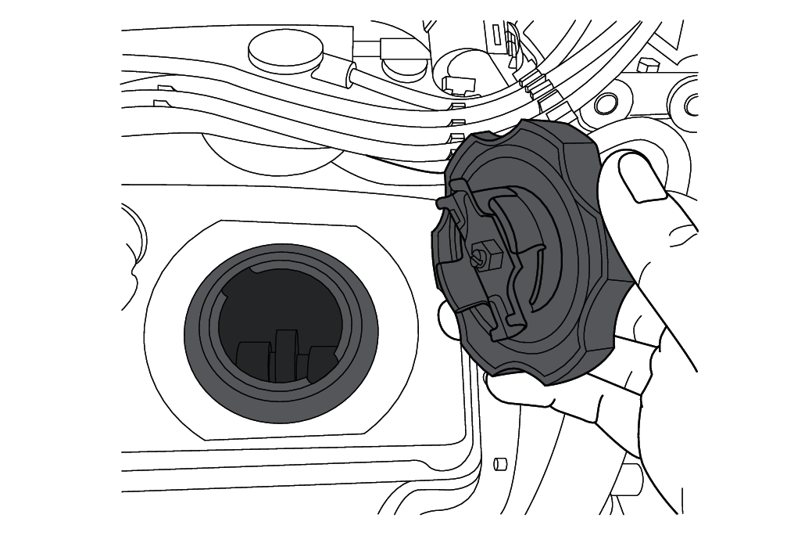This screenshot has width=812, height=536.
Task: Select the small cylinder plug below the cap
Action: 501,462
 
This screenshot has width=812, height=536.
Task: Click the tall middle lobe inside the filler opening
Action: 287,354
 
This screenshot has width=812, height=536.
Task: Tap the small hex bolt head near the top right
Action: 646,64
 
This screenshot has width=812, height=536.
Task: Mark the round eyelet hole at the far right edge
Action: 691,103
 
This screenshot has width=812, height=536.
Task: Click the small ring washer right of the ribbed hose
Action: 604,101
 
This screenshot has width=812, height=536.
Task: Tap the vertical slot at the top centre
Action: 497,34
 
